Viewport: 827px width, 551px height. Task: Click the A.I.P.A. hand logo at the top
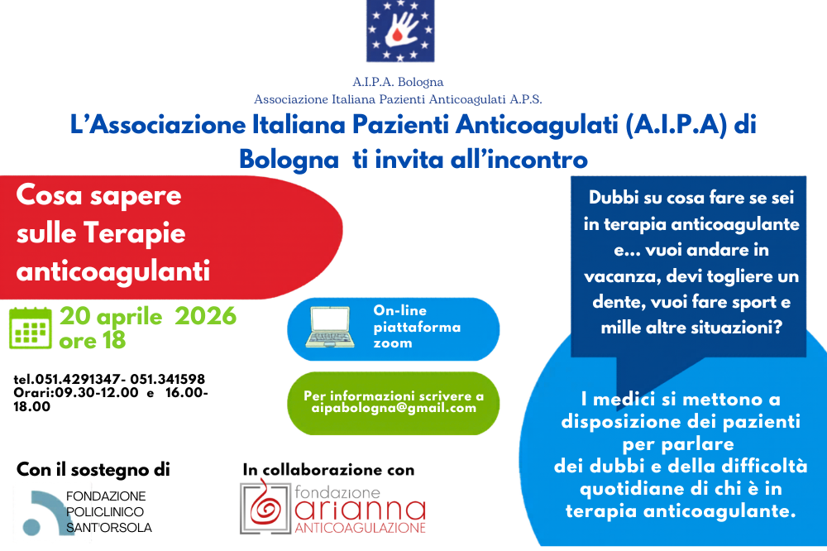coord(400,31)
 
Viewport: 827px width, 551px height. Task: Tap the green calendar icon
coord(31,328)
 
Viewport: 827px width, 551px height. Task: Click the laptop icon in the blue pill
coord(330,327)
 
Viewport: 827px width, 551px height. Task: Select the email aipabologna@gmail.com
coord(394,408)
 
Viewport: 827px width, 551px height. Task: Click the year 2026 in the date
coord(205,316)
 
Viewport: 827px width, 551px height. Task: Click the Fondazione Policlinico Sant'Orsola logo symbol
coord(42,512)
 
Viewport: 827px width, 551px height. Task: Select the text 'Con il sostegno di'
coord(93,470)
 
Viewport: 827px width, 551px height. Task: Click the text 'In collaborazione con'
coord(328,470)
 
